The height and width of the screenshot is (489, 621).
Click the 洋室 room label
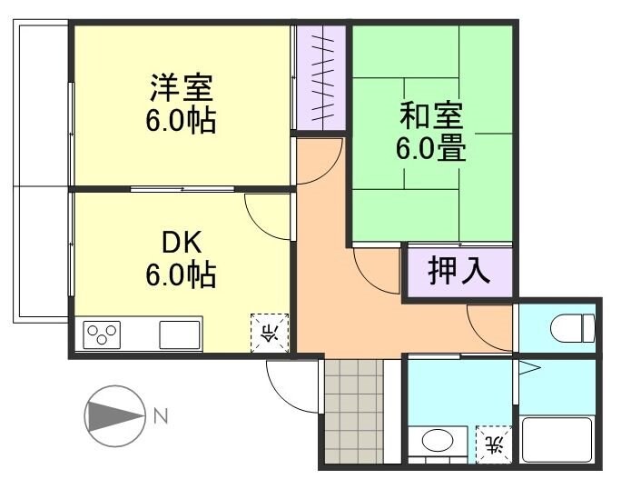point(182,90)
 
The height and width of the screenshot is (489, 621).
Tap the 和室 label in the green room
point(431,116)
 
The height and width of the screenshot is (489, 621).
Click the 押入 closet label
point(458,271)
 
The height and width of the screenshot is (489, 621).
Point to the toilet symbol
point(576,325)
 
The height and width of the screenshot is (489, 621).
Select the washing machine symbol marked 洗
point(494,444)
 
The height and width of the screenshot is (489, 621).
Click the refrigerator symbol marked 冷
point(269,332)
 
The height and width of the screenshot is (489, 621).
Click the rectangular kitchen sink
point(181,334)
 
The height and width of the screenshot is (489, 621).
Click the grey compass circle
point(114,417)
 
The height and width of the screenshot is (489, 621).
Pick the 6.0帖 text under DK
point(182,274)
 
